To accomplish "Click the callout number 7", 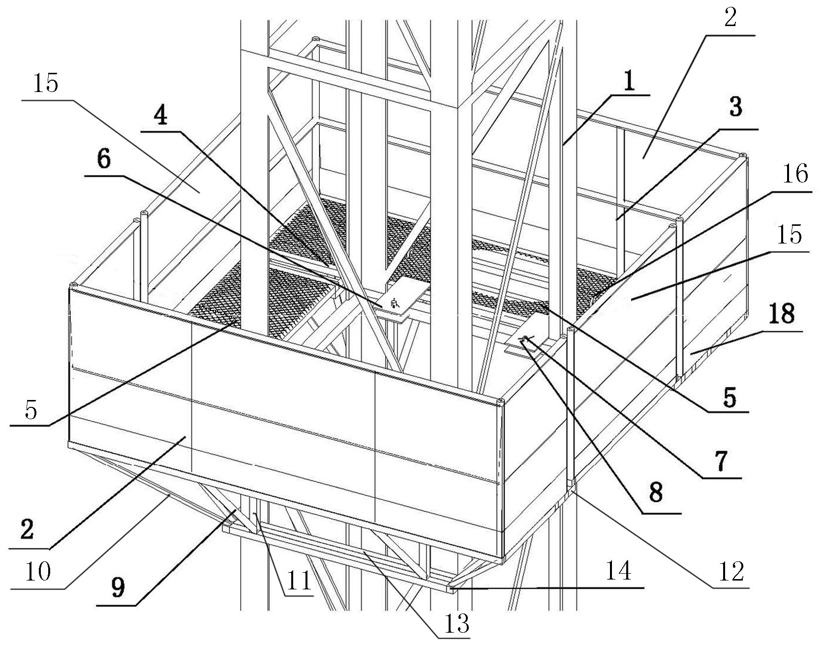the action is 721,462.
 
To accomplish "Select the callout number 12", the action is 731,572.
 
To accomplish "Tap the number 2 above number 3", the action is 730,19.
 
